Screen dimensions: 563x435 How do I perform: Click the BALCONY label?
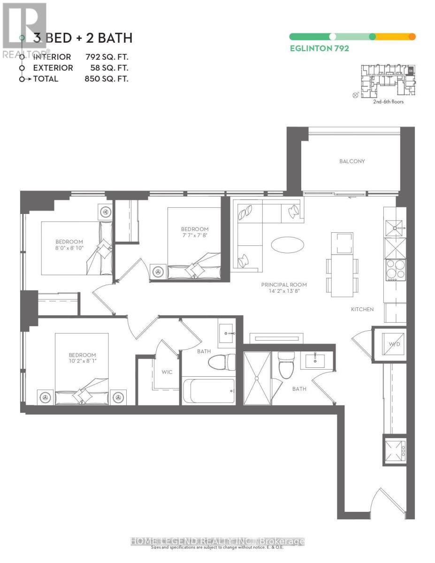352,161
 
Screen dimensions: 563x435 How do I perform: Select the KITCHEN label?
362,309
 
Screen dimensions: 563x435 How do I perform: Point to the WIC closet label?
167,372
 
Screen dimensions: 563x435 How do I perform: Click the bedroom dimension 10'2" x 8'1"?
82,362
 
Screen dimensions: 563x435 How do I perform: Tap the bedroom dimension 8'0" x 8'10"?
69,248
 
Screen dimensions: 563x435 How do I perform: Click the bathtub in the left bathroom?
208,390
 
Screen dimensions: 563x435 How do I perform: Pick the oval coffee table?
287,244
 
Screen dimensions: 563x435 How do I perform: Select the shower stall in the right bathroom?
257,378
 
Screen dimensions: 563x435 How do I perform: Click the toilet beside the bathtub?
222,363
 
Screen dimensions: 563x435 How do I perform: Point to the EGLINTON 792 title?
319,48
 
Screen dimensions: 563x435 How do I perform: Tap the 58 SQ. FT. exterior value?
109,68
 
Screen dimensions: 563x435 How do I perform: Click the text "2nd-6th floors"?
388,101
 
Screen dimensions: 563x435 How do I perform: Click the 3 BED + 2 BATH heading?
83,38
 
